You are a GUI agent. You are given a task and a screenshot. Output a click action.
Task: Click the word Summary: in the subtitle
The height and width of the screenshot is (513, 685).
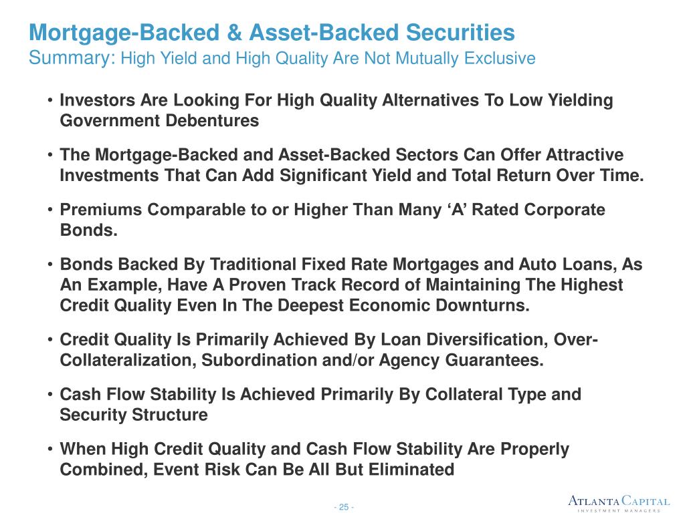(x=72, y=59)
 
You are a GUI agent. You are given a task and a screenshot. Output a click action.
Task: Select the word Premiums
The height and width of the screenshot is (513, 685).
(x=101, y=210)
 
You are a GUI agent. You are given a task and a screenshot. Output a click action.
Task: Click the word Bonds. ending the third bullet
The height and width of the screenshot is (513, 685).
(x=89, y=230)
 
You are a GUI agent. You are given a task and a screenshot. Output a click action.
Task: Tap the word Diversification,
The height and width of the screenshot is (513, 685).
(x=482, y=339)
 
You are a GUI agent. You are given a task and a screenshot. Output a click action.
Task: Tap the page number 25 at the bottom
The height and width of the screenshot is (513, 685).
(x=344, y=507)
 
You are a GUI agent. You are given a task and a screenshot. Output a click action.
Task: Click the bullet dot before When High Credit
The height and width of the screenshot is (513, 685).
(x=50, y=450)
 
